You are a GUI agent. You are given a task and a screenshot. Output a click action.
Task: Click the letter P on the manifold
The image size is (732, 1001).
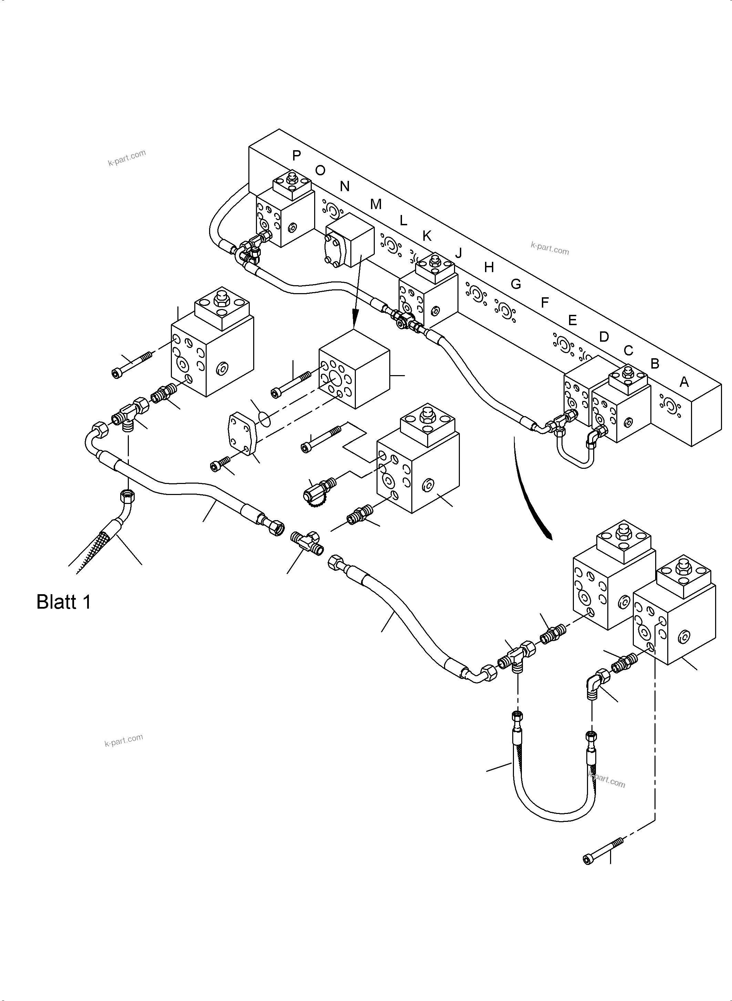click(297, 156)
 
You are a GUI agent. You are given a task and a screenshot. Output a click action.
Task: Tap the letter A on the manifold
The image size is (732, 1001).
click(684, 382)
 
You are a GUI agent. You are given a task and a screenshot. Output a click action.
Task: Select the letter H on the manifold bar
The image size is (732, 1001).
click(489, 267)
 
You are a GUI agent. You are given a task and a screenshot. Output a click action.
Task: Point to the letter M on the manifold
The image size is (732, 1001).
click(375, 204)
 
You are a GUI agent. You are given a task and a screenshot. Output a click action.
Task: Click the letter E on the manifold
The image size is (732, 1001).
click(572, 320)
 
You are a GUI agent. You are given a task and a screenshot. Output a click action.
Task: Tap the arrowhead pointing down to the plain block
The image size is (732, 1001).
click(354, 320)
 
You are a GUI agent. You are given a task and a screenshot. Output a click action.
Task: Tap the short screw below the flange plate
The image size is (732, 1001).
click(220, 464)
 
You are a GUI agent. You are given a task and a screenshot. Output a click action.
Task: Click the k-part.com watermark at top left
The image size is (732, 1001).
click(127, 157)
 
